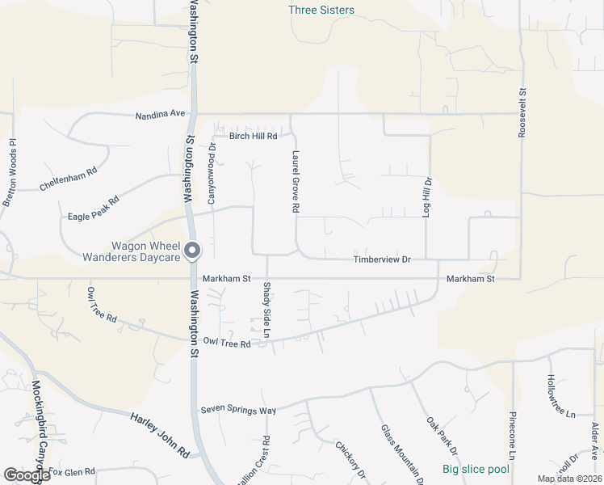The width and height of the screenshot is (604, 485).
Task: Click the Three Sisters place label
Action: coord(321,11)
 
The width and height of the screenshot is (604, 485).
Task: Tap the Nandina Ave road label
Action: coord(161,115)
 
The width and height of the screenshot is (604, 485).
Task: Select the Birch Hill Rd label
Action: coord(254,137)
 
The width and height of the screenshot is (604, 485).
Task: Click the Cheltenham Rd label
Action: coord(69,179)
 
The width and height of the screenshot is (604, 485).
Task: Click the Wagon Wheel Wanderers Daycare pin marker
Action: coord(192,251)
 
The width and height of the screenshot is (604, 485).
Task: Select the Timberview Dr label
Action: coord(383,259)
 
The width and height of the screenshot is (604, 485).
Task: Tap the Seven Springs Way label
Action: coord(238,411)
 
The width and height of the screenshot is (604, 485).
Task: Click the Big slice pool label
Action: coord(476,470)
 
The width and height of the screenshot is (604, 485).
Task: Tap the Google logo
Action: coord(27,476)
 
